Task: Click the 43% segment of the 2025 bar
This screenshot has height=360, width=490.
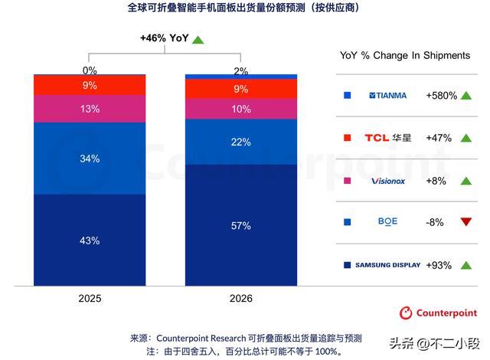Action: tap(90, 241)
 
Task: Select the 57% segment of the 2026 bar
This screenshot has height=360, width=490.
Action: tap(241, 225)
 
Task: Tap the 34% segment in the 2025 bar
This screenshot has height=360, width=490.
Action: tap(90, 159)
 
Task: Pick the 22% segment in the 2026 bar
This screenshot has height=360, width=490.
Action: tap(241, 142)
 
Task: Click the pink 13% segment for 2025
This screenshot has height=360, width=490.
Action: tap(90, 109)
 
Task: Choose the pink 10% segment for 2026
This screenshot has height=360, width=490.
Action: tap(241, 109)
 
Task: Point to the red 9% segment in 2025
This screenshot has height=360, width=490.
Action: tap(90, 85)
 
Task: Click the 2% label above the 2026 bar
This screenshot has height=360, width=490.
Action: tap(241, 70)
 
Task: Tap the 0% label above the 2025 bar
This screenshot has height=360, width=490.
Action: tap(90, 70)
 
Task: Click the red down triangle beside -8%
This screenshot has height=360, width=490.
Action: tap(465, 223)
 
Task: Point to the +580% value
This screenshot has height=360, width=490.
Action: tap(443, 96)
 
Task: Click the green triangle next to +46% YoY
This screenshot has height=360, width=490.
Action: tap(198, 39)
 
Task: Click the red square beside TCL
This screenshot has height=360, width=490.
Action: tap(348, 138)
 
